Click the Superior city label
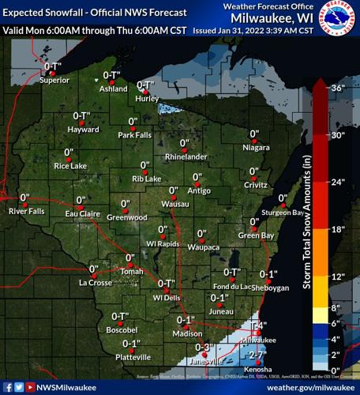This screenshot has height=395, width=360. point(54,80)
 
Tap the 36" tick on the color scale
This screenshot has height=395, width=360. point(337,88)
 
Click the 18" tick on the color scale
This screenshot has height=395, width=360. point(337,229)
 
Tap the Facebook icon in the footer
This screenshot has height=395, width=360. point(7,387)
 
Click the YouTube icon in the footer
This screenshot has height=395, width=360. point(31,387)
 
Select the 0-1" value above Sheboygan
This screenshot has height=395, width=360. point(268,274)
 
